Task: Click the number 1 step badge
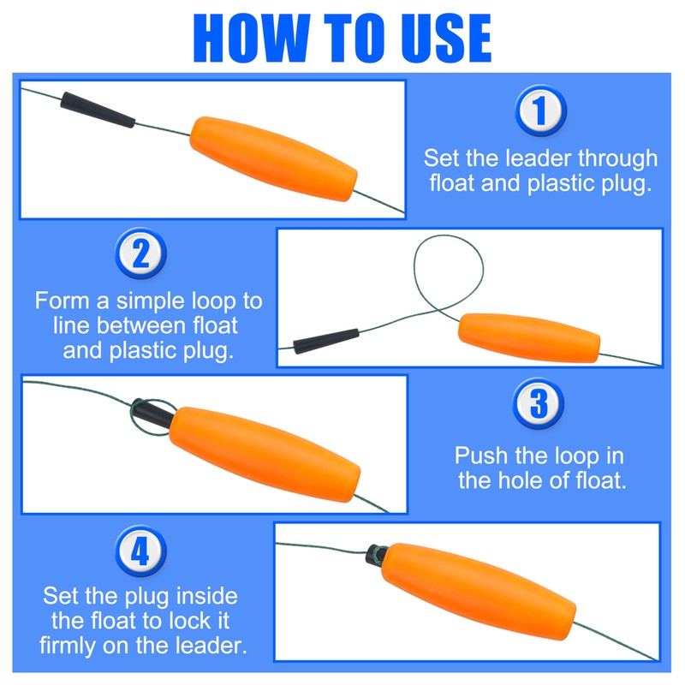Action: pyautogui.click(x=540, y=110)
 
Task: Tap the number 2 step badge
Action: pyautogui.click(x=140, y=253)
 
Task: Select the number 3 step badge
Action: pyautogui.click(x=539, y=403)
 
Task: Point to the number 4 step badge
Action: pyautogui.click(x=140, y=551)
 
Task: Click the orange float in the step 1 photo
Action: pyautogui.click(x=273, y=158)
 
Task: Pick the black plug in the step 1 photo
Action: pyautogui.click(x=98, y=110)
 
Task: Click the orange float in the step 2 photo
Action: pyautogui.click(x=529, y=337)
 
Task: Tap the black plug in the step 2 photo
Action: pyautogui.click(x=326, y=341)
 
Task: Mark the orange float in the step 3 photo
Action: pyautogui.click(x=265, y=455)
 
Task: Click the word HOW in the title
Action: pyautogui.click(x=252, y=38)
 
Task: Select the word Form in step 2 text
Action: pyautogui.click(x=63, y=301)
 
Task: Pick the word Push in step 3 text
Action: pyautogui.click(x=481, y=456)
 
